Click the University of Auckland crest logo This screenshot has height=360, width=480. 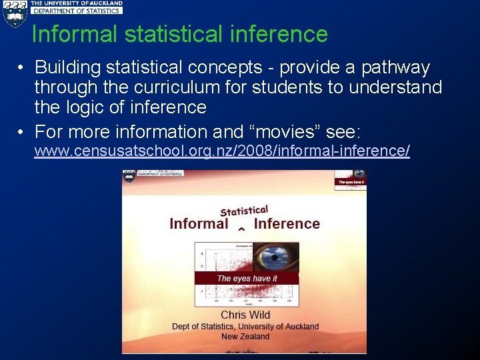click(x=14, y=13)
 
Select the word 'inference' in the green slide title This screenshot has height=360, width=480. click(x=284, y=34)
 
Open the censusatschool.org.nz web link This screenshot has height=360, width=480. click(x=222, y=151)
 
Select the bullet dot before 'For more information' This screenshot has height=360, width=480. click(x=22, y=131)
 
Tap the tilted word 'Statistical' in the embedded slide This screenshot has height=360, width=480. click(x=244, y=211)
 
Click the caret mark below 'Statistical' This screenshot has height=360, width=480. click(x=241, y=229)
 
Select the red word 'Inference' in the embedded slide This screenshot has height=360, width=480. click(x=287, y=224)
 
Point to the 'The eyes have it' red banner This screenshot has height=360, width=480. click(x=247, y=278)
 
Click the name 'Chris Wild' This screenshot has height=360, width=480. click(x=245, y=315)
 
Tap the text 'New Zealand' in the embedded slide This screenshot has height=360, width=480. click(x=245, y=336)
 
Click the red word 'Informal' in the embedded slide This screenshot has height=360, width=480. click(x=199, y=224)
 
